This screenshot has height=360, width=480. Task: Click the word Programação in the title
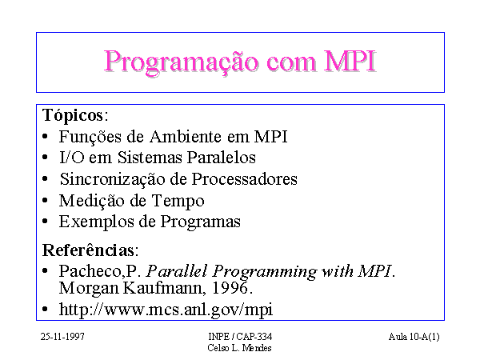click(x=182, y=62)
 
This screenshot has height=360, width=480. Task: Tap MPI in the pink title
click(x=350, y=61)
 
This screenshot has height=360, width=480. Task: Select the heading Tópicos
click(x=73, y=116)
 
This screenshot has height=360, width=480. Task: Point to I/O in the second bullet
click(x=72, y=158)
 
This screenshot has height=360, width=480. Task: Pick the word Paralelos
click(x=221, y=158)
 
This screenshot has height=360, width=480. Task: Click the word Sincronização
click(x=112, y=179)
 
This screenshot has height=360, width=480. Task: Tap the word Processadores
click(x=245, y=178)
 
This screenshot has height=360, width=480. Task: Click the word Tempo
click(x=178, y=202)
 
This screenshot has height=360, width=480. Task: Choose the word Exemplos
click(x=97, y=222)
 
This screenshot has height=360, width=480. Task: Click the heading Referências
click(x=88, y=250)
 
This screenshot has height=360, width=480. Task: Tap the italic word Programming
click(x=265, y=272)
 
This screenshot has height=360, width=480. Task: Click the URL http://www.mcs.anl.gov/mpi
click(x=166, y=310)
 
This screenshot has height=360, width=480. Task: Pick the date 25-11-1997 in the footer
click(x=62, y=337)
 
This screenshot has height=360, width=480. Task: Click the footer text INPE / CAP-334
click(x=240, y=337)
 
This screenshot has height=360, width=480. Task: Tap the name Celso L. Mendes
click(x=239, y=348)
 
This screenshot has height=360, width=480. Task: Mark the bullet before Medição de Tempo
click(x=45, y=201)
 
